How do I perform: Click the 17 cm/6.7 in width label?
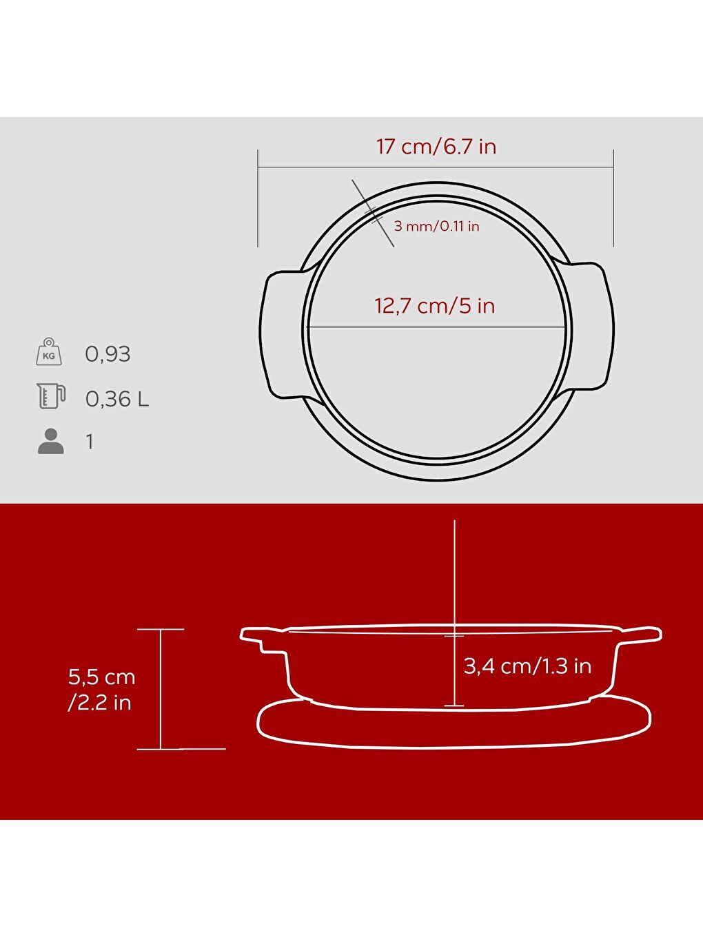(436, 147)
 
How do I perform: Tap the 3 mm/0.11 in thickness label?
(436, 226)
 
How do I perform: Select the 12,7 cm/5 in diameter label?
(434, 306)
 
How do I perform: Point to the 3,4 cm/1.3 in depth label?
(527, 666)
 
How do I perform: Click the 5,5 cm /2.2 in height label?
(101, 689)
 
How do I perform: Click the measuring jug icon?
(51, 397)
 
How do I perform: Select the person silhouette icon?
(50, 442)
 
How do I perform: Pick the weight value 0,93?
(108, 354)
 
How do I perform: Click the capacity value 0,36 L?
(116, 399)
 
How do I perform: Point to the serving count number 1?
(90, 442)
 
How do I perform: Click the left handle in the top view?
(281, 334)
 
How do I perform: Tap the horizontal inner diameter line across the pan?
(386, 327)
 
